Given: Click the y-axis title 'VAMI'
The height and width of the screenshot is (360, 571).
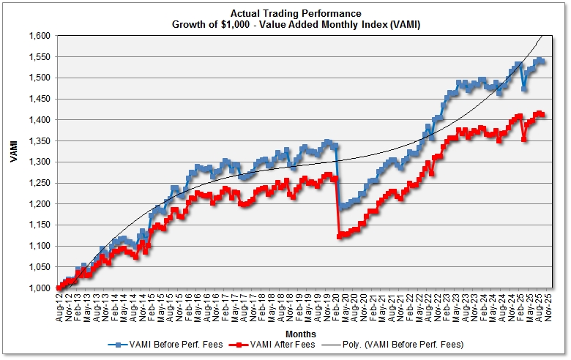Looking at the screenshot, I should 15,162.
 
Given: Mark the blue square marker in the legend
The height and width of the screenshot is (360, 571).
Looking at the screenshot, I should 116,344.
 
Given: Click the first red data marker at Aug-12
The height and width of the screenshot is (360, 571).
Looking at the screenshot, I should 59,288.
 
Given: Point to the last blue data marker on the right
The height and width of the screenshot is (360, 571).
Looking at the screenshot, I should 542,61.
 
